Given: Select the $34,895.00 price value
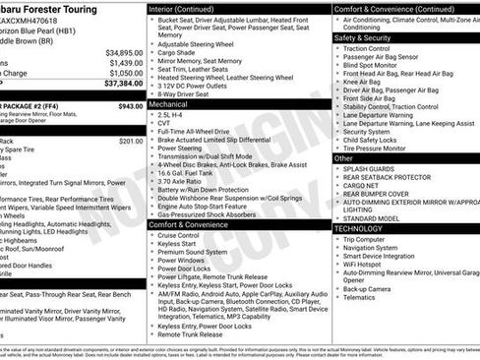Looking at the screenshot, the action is coord(124,52).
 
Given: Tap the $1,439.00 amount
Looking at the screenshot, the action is coord(126,63).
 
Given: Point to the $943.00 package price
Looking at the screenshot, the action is coord(130,105).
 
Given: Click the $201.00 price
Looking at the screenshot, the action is coord(130,141).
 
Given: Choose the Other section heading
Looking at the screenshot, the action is coord(344,157).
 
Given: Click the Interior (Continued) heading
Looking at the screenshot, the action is coord(190,8).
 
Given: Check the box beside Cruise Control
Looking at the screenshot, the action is coord(151,235).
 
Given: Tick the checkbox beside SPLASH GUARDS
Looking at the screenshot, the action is coord(337,169).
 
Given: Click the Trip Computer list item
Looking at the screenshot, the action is coord(364,239).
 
